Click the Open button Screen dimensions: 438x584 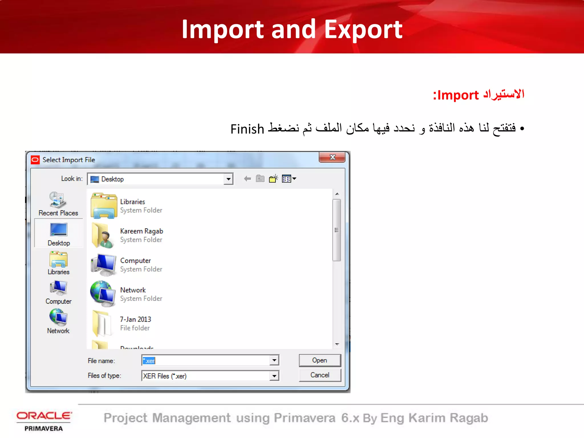[319, 360]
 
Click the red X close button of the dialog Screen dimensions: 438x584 [332, 157]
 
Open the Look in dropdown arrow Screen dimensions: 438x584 [228, 179]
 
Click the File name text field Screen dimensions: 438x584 [205, 360]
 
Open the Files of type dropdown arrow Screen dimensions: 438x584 [274, 376]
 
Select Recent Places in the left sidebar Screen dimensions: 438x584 [58, 204]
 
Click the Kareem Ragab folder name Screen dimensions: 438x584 [141, 231]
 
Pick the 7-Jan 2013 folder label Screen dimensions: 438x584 [135, 319]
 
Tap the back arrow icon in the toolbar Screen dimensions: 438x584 [247, 179]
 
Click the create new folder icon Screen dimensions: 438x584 [273, 179]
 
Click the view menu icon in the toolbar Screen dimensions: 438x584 [289, 179]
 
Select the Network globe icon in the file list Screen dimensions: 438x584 [103, 294]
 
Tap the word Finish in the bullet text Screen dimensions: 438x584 [247, 129]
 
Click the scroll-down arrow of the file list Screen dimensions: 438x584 [337, 344]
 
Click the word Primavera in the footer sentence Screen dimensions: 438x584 [304, 418]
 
